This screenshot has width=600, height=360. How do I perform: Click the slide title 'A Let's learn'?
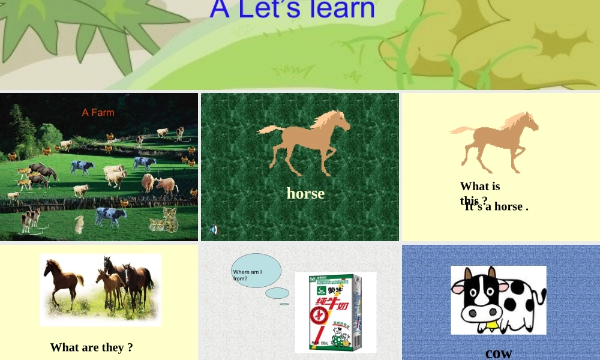click(x=292, y=10)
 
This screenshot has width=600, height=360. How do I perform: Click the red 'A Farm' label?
click(x=98, y=112)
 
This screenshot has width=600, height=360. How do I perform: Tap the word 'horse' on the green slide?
click(x=305, y=193)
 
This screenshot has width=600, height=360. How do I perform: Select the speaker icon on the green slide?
click(x=214, y=229)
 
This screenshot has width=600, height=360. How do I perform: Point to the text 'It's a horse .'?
click(x=496, y=206)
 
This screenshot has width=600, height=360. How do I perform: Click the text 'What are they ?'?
click(x=91, y=347)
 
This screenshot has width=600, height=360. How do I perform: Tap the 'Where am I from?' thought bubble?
click(x=256, y=271)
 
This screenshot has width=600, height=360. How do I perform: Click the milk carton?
click(x=335, y=312)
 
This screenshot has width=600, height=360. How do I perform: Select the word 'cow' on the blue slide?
click(x=499, y=353)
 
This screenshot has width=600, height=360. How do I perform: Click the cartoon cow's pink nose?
click(x=485, y=313)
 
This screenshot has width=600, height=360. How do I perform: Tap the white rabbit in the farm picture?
click(x=79, y=225)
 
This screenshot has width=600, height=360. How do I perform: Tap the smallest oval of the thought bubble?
click(x=284, y=304)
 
